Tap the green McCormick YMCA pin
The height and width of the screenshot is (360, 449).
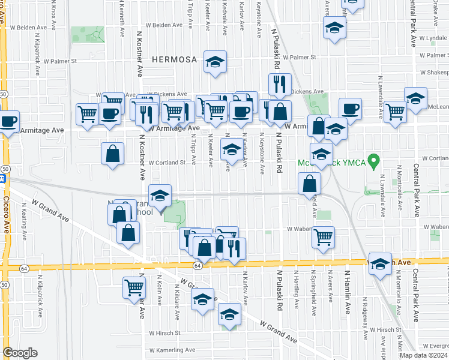(374, 161)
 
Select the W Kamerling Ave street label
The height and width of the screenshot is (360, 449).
(172, 350)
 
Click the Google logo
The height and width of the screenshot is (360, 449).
(20, 353)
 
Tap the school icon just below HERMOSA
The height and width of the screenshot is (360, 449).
(214, 62)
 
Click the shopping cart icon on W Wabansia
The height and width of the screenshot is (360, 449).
(323, 238)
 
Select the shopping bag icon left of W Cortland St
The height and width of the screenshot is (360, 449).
(112, 154)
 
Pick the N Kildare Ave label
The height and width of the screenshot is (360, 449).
(178, 299)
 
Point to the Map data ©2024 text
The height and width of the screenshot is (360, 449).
(424, 355)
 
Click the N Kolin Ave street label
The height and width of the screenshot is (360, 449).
(160, 295)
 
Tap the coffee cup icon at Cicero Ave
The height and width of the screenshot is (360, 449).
(8, 121)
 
